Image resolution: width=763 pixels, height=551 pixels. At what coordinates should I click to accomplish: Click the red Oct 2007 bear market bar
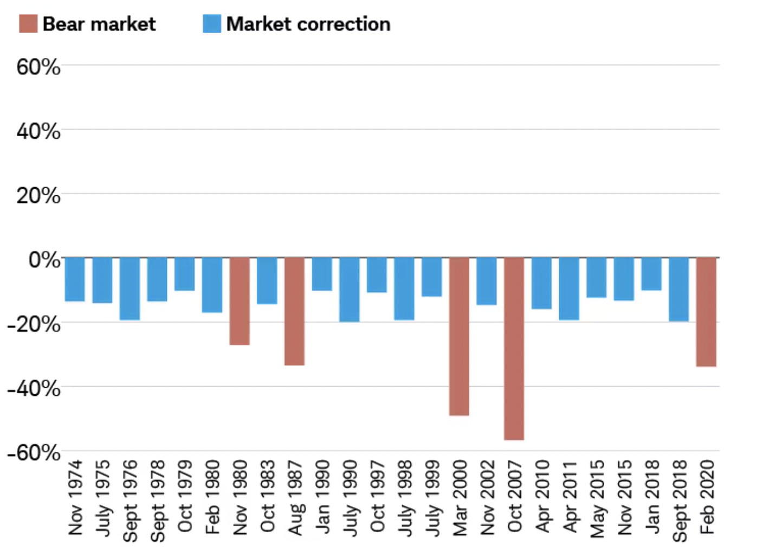(x=514, y=348)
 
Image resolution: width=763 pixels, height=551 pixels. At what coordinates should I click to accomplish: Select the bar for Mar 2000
(x=459, y=336)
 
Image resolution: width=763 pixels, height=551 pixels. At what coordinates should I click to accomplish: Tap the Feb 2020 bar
(x=706, y=312)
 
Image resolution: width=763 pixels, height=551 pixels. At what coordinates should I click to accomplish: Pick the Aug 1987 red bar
(x=294, y=311)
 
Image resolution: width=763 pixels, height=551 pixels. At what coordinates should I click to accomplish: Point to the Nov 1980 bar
(x=240, y=301)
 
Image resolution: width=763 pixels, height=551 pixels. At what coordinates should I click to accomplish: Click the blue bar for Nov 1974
(x=75, y=279)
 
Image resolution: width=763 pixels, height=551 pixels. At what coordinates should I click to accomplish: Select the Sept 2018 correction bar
(x=678, y=289)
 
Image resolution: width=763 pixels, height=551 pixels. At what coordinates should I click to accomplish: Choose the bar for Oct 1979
(x=185, y=274)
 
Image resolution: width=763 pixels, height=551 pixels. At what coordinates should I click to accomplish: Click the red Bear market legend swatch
(x=28, y=24)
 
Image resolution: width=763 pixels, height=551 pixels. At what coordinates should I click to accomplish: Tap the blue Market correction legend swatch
(x=212, y=24)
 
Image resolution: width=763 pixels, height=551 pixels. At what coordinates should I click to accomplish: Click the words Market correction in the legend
(x=308, y=24)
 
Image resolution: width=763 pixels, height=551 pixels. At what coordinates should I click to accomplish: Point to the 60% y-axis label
(x=38, y=67)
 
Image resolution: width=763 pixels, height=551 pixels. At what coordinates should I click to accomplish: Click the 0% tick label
(x=44, y=259)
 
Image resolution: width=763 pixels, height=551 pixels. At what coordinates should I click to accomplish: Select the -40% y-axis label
(x=34, y=388)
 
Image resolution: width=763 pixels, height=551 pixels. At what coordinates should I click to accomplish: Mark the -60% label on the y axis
(x=34, y=452)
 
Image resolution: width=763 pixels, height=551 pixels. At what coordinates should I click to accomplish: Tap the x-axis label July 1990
(x=350, y=498)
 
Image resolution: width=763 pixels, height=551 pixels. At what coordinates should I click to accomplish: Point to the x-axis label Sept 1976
(x=130, y=501)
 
